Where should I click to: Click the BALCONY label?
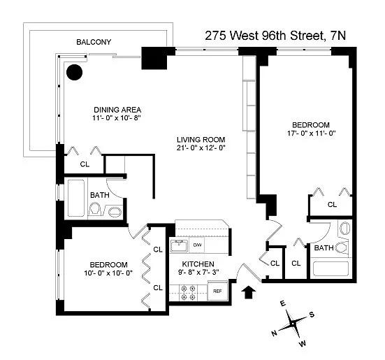[94, 42]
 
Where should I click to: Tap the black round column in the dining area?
[74, 72]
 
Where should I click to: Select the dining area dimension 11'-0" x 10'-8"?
[117, 118]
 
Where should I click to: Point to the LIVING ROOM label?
[201, 140]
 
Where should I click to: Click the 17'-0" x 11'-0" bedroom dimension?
[312, 134]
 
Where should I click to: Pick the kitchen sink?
[179, 245]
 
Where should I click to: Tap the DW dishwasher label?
[197, 245]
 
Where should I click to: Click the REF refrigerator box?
[217, 291]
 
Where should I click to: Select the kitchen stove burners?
[188, 293]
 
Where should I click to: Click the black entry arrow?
[249, 292]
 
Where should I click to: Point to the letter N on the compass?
[275, 333]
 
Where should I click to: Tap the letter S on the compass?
[312, 315]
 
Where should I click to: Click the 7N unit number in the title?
[338, 36]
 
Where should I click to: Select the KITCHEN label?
[198, 264]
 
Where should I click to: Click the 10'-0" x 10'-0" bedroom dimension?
[108, 273]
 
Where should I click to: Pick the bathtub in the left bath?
[76, 198]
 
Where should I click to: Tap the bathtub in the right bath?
[331, 269]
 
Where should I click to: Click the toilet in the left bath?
[95, 209]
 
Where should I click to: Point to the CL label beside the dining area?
[85, 164]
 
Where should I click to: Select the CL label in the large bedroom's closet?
[332, 205]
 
